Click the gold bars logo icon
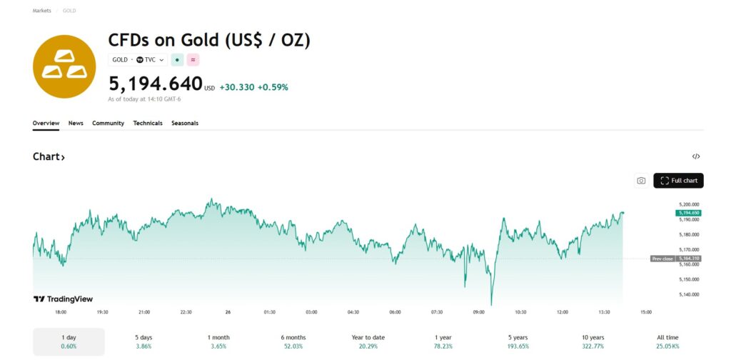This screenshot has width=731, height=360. coord(64,66)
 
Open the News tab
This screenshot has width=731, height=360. coord(76,123)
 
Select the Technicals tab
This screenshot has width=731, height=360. coord(148,123)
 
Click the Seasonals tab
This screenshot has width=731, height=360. coord(185,123)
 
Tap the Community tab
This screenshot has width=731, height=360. coord(108,123)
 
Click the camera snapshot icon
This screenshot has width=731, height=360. coord(641,181)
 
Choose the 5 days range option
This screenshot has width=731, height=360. coord(143,341)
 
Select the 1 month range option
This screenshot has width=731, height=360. coord(218,341)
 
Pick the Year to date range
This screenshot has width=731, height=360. coord(368,341)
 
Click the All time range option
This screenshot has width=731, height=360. coord(667,341)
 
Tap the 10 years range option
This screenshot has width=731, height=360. coord(593,341)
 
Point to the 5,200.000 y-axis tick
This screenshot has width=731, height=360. coord(688,204)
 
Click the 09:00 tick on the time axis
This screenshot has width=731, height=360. coord(479,312)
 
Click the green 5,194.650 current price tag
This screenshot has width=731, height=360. coord(688,213)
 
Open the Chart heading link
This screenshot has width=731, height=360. coord(49,156)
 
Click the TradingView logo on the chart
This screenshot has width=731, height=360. coord(64,299)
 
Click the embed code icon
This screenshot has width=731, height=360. coord(696,156)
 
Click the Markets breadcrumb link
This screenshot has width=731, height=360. coord(41,11)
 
